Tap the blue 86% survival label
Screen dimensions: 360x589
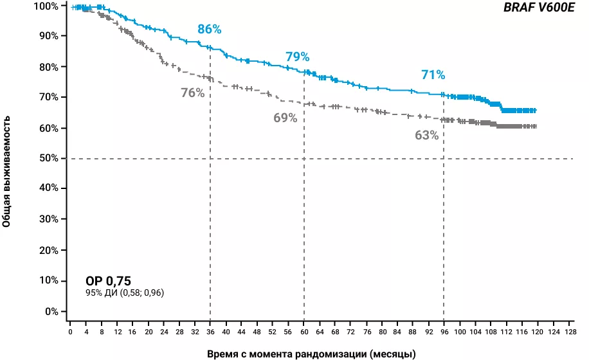[210, 29]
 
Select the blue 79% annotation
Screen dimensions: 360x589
[297, 57]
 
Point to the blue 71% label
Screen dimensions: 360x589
[433, 75]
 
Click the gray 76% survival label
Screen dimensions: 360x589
[192, 93]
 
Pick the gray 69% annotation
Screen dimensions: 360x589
[285, 118]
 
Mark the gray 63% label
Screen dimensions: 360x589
[426, 135]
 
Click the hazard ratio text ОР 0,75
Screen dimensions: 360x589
[108, 281]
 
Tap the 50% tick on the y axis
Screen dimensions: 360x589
[50, 158]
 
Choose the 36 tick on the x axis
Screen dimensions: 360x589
[210, 332]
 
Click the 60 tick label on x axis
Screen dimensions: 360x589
[304, 332]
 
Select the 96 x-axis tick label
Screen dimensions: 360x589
[444, 332]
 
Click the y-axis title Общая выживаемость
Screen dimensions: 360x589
[6, 171]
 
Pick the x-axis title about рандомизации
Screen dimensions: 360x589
[311, 354]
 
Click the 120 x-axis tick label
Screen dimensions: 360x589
[537, 332]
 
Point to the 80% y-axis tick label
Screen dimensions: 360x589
[50, 67]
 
